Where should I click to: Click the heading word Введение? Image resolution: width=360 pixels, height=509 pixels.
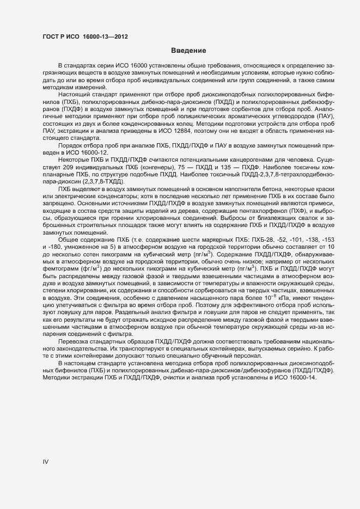pos(188,51)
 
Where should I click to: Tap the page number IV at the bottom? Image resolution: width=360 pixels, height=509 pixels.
pos(46,462)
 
